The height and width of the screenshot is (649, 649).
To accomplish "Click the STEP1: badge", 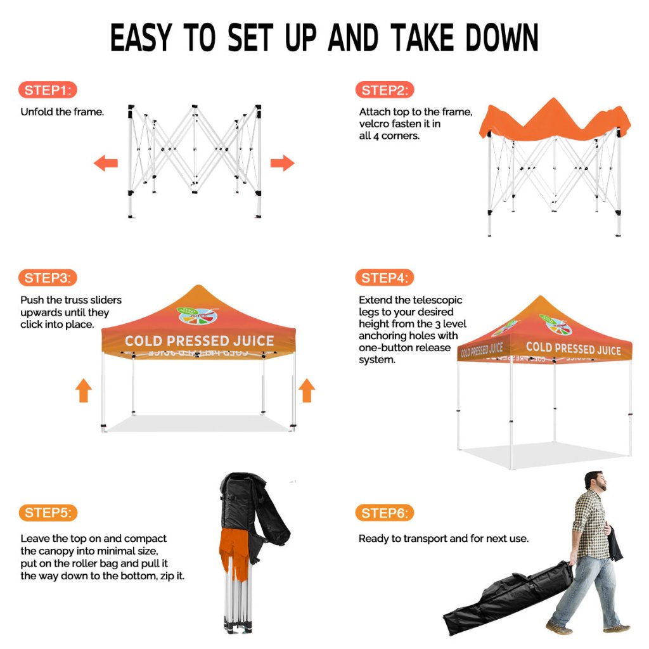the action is (48, 90).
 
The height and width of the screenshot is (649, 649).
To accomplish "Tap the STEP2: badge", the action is (385, 90).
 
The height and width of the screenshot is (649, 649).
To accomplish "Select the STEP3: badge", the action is (48, 278).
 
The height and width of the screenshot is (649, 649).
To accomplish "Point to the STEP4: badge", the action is (385, 278).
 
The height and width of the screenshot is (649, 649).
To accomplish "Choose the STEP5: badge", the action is (48, 513).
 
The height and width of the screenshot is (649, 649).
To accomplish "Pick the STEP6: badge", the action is (385, 513).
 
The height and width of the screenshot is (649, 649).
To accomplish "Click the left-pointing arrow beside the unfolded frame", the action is (106, 163).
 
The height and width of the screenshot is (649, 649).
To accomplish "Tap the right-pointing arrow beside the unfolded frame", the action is (282, 163).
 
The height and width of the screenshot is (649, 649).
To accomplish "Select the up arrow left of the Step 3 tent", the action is (83, 390).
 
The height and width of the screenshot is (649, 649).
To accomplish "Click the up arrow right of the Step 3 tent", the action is (307, 390).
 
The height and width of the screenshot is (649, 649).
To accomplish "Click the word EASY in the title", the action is (141, 37).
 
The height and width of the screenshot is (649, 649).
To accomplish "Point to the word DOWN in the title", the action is (502, 37).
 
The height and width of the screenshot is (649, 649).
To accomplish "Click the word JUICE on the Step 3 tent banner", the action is (254, 340).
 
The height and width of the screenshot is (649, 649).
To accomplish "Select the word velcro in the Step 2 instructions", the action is (374, 124).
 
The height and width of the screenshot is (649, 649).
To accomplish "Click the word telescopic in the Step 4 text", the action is (435, 300).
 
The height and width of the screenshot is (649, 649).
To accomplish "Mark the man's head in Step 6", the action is (595, 481).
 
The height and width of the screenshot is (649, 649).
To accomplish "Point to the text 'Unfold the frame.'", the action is (62, 112).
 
